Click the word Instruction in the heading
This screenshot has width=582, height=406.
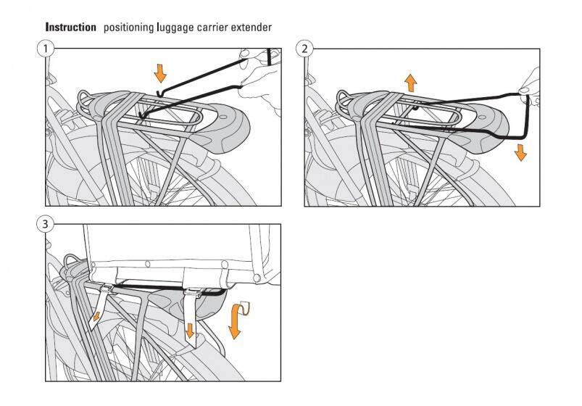(x=70, y=27)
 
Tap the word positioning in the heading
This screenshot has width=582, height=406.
(x=127, y=28)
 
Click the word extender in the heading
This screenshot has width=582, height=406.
(x=253, y=28)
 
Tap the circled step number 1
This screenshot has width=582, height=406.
(x=46, y=49)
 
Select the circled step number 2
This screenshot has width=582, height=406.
(x=305, y=49)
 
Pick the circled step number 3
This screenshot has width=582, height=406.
(x=46, y=225)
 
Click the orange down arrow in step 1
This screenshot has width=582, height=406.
(x=160, y=72)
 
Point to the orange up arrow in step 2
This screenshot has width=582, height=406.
(x=411, y=80)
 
